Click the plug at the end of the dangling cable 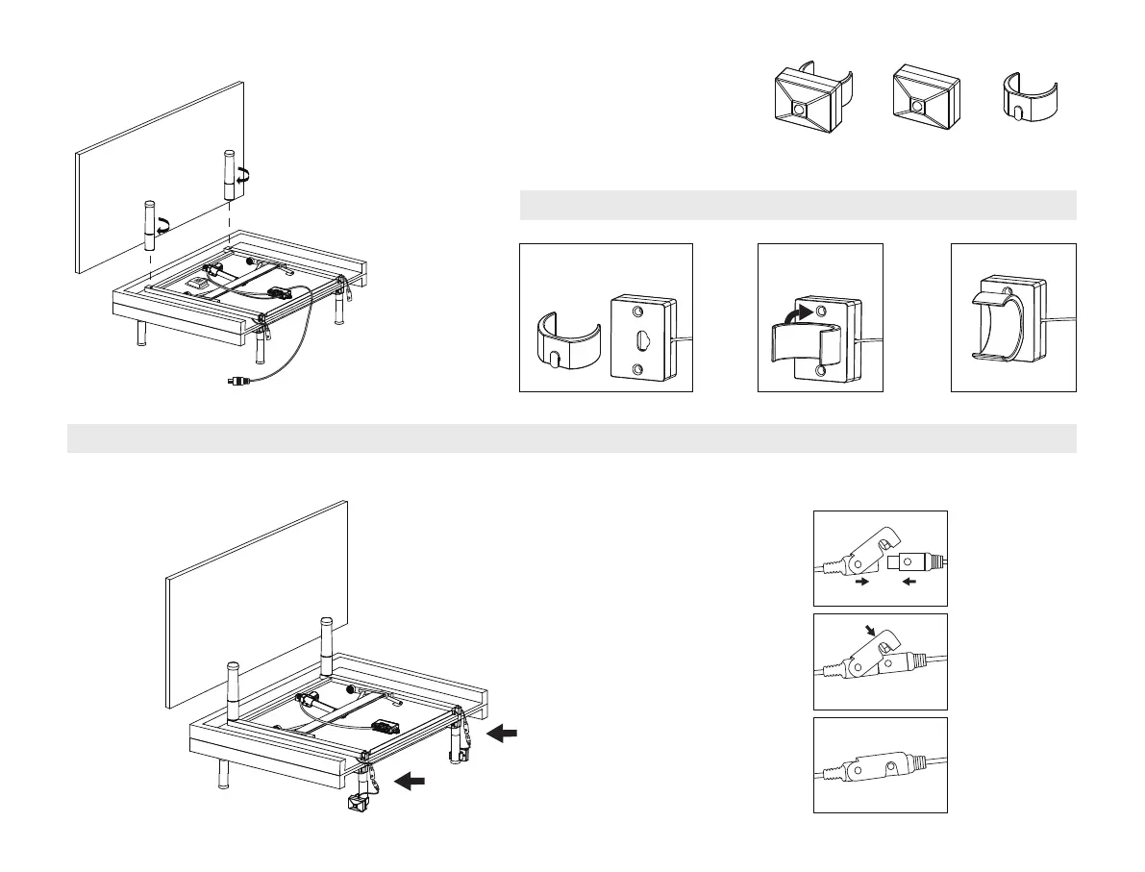236,381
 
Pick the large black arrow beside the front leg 411,781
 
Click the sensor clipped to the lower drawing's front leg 362,804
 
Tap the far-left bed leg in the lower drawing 222,773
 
